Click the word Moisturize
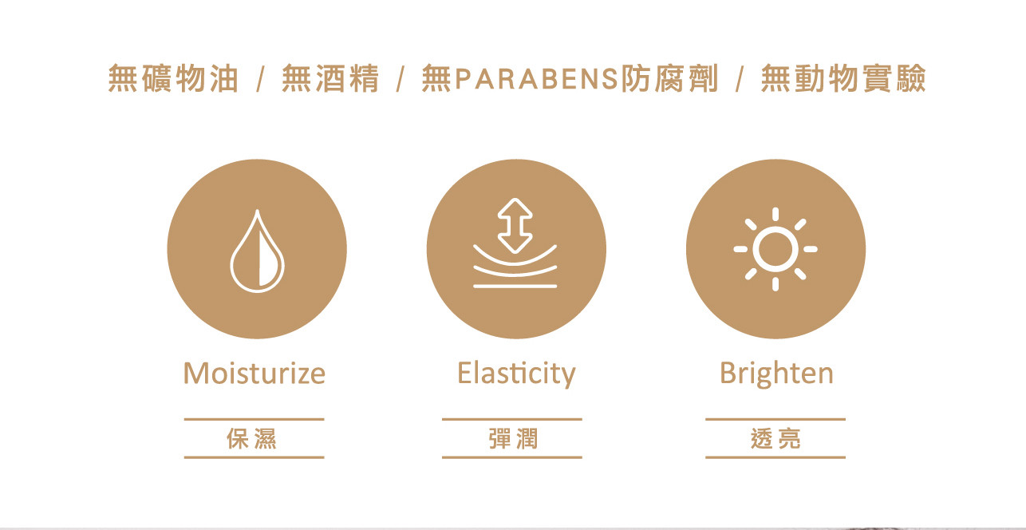255,374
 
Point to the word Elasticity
516,374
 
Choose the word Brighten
776,374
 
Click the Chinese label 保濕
252,438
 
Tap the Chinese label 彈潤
513,438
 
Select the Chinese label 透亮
775,438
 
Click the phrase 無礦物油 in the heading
173,78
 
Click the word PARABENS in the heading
538,79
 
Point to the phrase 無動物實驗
843,78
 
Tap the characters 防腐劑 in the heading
669,78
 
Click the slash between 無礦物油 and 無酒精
261,79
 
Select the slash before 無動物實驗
740,79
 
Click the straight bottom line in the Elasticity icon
515,287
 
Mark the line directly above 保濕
255,419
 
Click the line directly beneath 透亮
775,457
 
